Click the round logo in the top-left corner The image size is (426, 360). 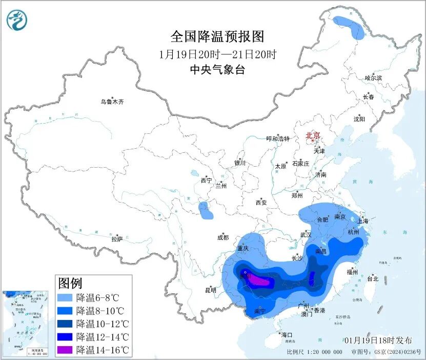tap(17, 20)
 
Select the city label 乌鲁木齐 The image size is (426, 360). tap(112, 102)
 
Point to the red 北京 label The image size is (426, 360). tap(313, 136)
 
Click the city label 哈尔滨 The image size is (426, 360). tap(373, 78)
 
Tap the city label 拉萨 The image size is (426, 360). tap(117, 239)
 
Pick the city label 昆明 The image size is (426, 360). tap(211, 290)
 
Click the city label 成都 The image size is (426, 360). tap(223, 237)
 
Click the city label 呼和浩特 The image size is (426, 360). tap(278, 139)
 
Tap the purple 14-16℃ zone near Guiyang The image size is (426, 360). tap(261, 281)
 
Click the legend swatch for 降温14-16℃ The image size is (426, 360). tap(65, 350)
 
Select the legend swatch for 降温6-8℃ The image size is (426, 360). tap(65, 297)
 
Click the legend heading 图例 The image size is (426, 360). tap(70, 283)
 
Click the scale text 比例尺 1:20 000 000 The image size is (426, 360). tap(315, 353)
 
